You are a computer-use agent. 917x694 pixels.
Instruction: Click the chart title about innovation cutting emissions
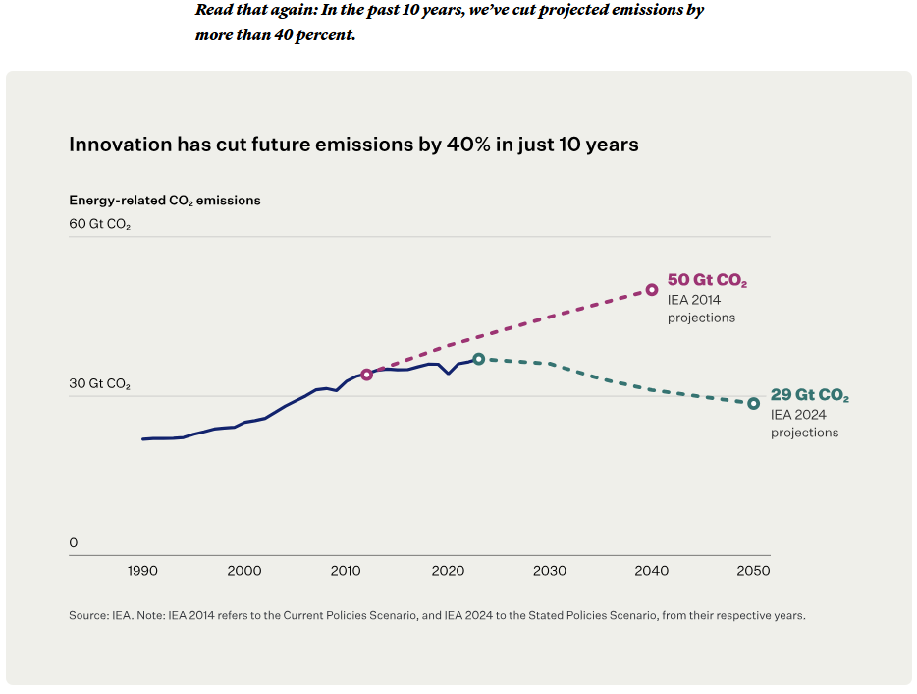(353, 145)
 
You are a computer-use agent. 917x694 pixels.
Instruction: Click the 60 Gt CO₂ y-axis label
(99, 224)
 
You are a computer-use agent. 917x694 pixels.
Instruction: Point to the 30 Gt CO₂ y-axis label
(99, 383)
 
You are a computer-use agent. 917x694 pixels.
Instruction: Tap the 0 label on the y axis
(73, 543)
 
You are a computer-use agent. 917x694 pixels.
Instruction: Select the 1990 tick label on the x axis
(142, 571)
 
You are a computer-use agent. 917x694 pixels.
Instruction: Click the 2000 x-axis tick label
(244, 571)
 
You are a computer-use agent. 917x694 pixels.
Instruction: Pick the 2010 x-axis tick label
(346, 571)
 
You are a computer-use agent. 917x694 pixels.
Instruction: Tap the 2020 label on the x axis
(448, 571)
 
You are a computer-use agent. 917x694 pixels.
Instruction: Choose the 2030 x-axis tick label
(550, 571)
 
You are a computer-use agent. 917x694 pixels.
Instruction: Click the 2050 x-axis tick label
(753, 571)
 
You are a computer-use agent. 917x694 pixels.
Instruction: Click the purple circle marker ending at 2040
(652, 290)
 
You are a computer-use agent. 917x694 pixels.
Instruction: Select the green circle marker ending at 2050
(754, 403)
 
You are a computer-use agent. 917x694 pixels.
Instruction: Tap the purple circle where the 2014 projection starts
(367, 375)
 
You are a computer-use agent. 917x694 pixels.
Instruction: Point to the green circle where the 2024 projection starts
(478, 359)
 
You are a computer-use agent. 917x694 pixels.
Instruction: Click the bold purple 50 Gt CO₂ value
(707, 281)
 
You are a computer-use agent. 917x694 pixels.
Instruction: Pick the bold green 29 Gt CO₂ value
(810, 396)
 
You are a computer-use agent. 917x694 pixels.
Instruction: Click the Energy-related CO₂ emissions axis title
(165, 200)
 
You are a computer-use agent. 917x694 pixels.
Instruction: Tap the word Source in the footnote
(87, 616)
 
